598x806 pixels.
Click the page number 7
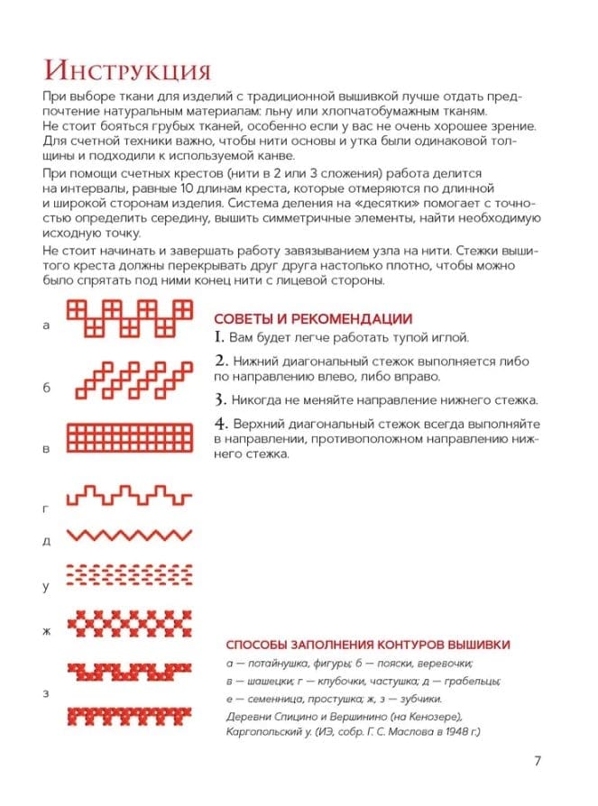click(x=538, y=761)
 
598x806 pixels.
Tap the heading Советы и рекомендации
click(x=313, y=319)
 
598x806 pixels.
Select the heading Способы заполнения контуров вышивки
click(x=367, y=645)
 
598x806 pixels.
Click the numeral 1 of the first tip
click(x=219, y=338)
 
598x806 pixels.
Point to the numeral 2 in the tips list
click(x=220, y=361)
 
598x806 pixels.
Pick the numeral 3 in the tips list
click(x=220, y=398)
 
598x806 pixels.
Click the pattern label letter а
click(x=46, y=326)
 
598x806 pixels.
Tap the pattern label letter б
click(x=46, y=388)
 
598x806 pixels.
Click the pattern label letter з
click(x=46, y=692)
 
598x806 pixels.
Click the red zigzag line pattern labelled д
click(x=132, y=535)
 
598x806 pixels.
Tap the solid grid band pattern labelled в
click(x=132, y=438)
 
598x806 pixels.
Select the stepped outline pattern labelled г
click(x=132, y=496)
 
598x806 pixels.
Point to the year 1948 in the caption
click(x=448, y=732)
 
